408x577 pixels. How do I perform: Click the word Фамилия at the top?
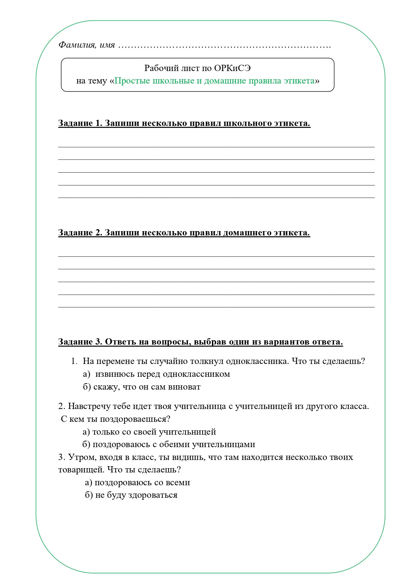click(x=76, y=45)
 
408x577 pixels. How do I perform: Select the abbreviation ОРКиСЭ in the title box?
click(x=232, y=68)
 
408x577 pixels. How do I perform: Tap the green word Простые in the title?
click(x=132, y=81)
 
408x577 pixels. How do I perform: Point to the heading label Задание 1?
click(x=80, y=123)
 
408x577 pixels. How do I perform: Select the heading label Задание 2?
click(x=80, y=233)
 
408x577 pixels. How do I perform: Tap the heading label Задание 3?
click(x=80, y=342)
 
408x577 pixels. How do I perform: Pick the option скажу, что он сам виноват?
click(x=147, y=387)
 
